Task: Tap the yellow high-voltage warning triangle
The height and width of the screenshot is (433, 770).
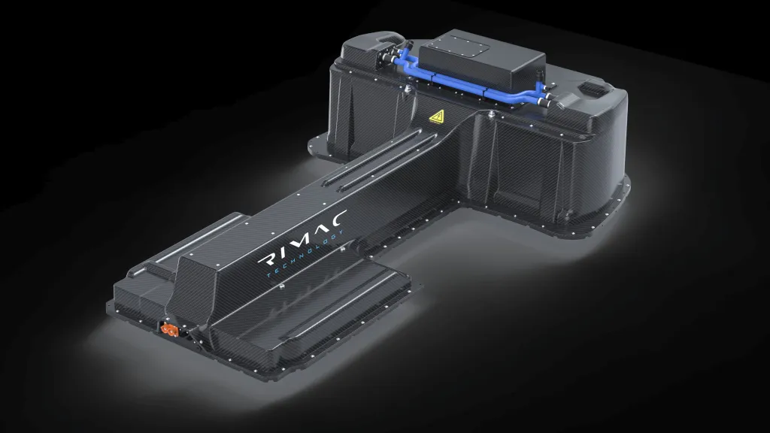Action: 437,117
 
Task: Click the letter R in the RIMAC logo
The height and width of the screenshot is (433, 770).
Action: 268,260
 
